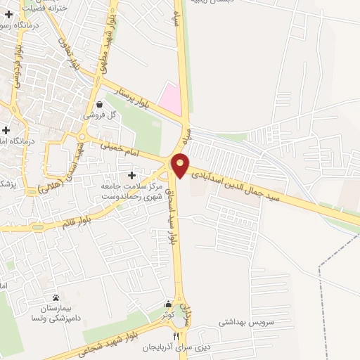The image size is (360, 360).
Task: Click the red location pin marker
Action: click(181, 165)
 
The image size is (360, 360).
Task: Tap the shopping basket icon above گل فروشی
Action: click(100, 104)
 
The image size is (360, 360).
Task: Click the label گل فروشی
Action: click(98, 115)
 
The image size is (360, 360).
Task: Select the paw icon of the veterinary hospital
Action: click(56, 298)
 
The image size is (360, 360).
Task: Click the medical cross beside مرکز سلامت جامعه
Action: click(132, 175)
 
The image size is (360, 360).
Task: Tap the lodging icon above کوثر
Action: click(167, 304)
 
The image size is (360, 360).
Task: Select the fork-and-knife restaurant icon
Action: click(167, 336)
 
